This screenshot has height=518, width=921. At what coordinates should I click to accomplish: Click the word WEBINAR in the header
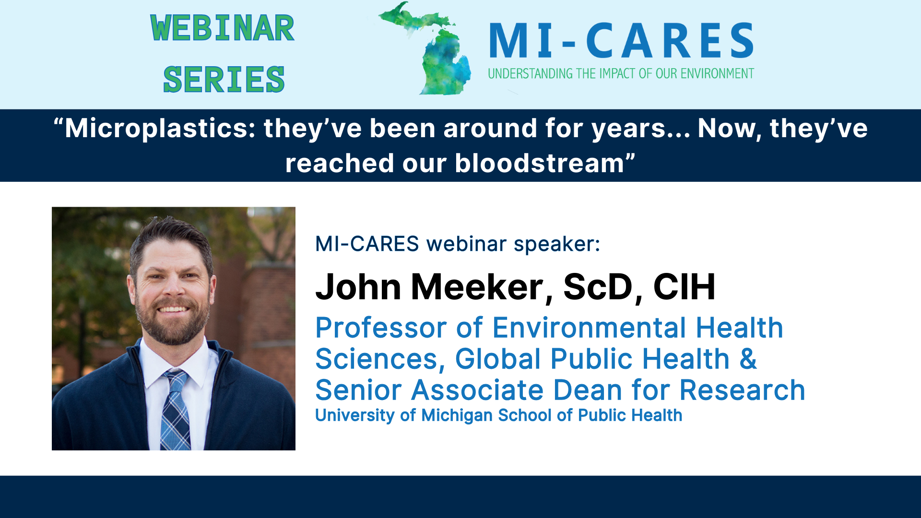[x=222, y=28]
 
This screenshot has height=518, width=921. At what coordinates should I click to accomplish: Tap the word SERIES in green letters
[x=224, y=80]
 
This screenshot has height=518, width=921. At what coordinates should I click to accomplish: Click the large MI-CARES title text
[x=621, y=41]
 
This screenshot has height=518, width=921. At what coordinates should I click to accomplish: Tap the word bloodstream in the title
[x=539, y=164]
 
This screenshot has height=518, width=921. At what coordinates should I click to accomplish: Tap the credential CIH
[x=684, y=287]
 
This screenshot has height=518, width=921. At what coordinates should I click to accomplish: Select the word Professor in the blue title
[x=381, y=328]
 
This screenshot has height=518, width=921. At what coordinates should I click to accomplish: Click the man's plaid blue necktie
[x=175, y=412]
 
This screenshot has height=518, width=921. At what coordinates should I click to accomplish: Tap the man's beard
[x=173, y=326]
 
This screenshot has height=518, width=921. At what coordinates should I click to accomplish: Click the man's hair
[x=170, y=235]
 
